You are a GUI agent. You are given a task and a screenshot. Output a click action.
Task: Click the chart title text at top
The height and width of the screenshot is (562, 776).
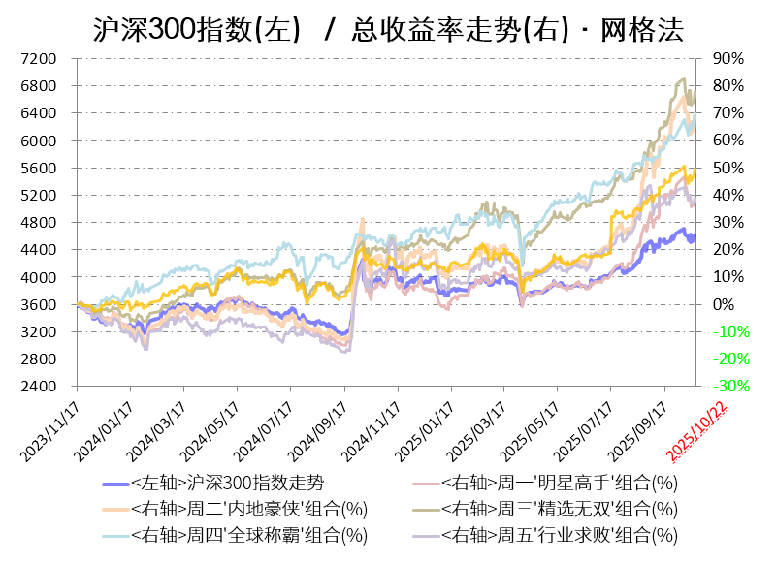[388, 30]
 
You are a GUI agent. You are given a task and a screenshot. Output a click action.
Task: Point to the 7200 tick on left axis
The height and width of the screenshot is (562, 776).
[40, 59]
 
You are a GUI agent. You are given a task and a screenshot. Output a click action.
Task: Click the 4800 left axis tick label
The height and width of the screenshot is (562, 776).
[40, 223]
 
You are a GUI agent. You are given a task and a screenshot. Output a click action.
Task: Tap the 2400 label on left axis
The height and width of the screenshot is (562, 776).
[40, 387]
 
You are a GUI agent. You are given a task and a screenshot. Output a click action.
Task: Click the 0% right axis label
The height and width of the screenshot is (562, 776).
[725, 304]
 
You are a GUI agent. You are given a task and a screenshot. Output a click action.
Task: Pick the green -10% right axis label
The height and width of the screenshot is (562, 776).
[729, 331]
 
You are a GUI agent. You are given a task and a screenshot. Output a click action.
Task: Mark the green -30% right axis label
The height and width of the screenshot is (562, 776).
[729, 387]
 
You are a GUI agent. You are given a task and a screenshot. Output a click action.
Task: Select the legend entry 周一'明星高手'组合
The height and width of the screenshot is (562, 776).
[559, 483]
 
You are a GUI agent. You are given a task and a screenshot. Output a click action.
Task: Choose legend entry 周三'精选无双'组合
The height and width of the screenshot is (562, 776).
[559, 509]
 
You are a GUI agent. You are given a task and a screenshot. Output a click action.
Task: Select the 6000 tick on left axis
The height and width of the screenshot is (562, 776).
[40, 140]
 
